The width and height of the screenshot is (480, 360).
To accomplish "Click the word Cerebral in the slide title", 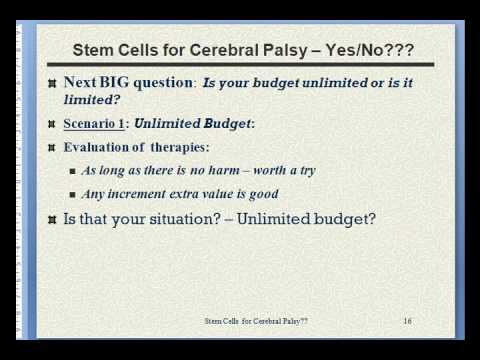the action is tap(224, 50).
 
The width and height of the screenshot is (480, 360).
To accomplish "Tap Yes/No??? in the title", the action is tap(370, 50).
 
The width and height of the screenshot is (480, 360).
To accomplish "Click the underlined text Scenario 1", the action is tap(94, 124).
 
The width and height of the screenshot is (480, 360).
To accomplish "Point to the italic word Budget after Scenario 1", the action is tap(227, 124).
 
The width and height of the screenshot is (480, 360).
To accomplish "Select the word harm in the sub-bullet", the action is tap(224, 170).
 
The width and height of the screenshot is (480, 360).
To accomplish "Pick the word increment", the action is tap(137, 194).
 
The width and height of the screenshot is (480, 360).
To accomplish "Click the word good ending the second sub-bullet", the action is tap(264, 194).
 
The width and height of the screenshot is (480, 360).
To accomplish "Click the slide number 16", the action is tap(407, 321).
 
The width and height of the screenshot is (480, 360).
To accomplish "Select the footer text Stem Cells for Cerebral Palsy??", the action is tap(256, 321).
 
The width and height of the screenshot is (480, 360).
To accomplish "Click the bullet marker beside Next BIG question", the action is tap(52, 83).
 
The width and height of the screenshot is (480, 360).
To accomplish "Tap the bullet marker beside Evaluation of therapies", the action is tap(52, 148).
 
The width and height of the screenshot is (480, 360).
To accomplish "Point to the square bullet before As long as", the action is tap(73, 171).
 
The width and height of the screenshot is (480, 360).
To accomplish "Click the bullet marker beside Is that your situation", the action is tap(52, 220).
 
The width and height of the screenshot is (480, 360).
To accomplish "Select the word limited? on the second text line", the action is tap(92, 99).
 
